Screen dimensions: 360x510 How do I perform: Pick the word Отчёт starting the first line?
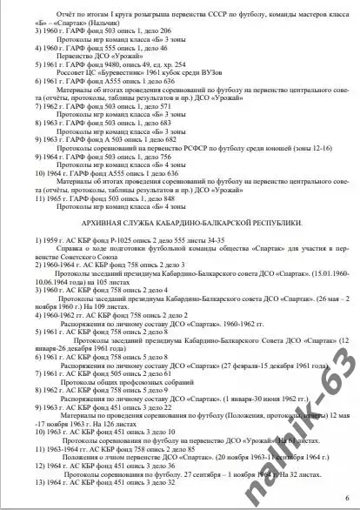click(41, 10)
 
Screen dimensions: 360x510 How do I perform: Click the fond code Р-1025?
click(98, 238)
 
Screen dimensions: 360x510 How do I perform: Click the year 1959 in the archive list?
click(21, 238)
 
